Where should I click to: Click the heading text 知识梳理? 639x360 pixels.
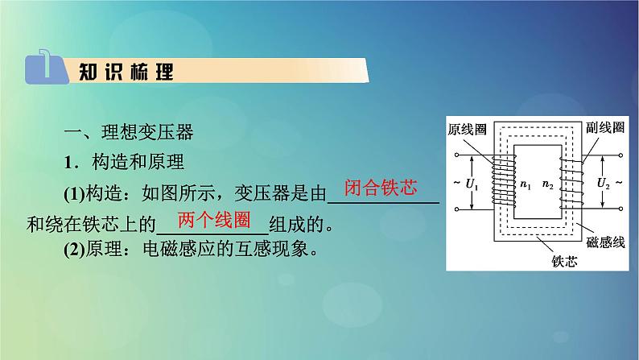(126, 71)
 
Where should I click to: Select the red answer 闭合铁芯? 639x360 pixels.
(380, 189)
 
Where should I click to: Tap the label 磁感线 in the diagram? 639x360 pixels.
(605, 242)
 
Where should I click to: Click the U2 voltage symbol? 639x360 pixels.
(604, 184)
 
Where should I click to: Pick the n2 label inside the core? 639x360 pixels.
(549, 185)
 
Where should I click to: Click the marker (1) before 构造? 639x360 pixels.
(76, 193)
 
